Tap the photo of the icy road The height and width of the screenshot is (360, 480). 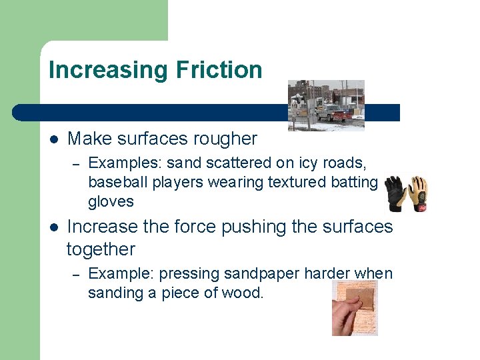[x=326, y=105]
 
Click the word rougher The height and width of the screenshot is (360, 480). [x=225, y=139]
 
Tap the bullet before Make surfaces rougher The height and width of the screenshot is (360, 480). [x=54, y=139]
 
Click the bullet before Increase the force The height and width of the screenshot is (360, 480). [x=54, y=227]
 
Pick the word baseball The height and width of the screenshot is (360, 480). [x=114, y=182]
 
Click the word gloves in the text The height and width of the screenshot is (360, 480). [x=111, y=201]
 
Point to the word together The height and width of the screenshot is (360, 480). [x=101, y=249]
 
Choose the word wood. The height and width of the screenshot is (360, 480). [x=243, y=293]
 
